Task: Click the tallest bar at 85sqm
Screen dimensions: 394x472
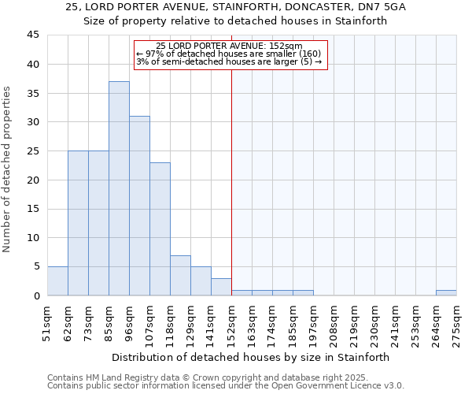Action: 119,188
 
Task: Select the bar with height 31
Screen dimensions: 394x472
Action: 139,206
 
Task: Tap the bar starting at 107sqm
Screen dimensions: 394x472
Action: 160,229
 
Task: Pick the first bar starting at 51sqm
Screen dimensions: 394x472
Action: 57,281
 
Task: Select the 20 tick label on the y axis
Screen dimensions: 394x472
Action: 33,180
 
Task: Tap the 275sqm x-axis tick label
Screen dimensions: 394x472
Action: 457,324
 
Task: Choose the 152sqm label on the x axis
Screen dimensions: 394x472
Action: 232,324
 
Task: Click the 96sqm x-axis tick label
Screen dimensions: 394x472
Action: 130,324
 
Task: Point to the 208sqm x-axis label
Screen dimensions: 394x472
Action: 334,324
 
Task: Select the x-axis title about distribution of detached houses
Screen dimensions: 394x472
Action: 250,357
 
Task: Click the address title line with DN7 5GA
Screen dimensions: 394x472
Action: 236,7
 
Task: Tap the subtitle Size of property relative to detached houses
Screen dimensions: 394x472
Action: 236,21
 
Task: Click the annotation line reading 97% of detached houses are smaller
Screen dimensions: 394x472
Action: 229,54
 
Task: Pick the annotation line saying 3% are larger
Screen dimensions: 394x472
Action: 229,61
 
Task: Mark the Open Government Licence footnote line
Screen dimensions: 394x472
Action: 226,386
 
